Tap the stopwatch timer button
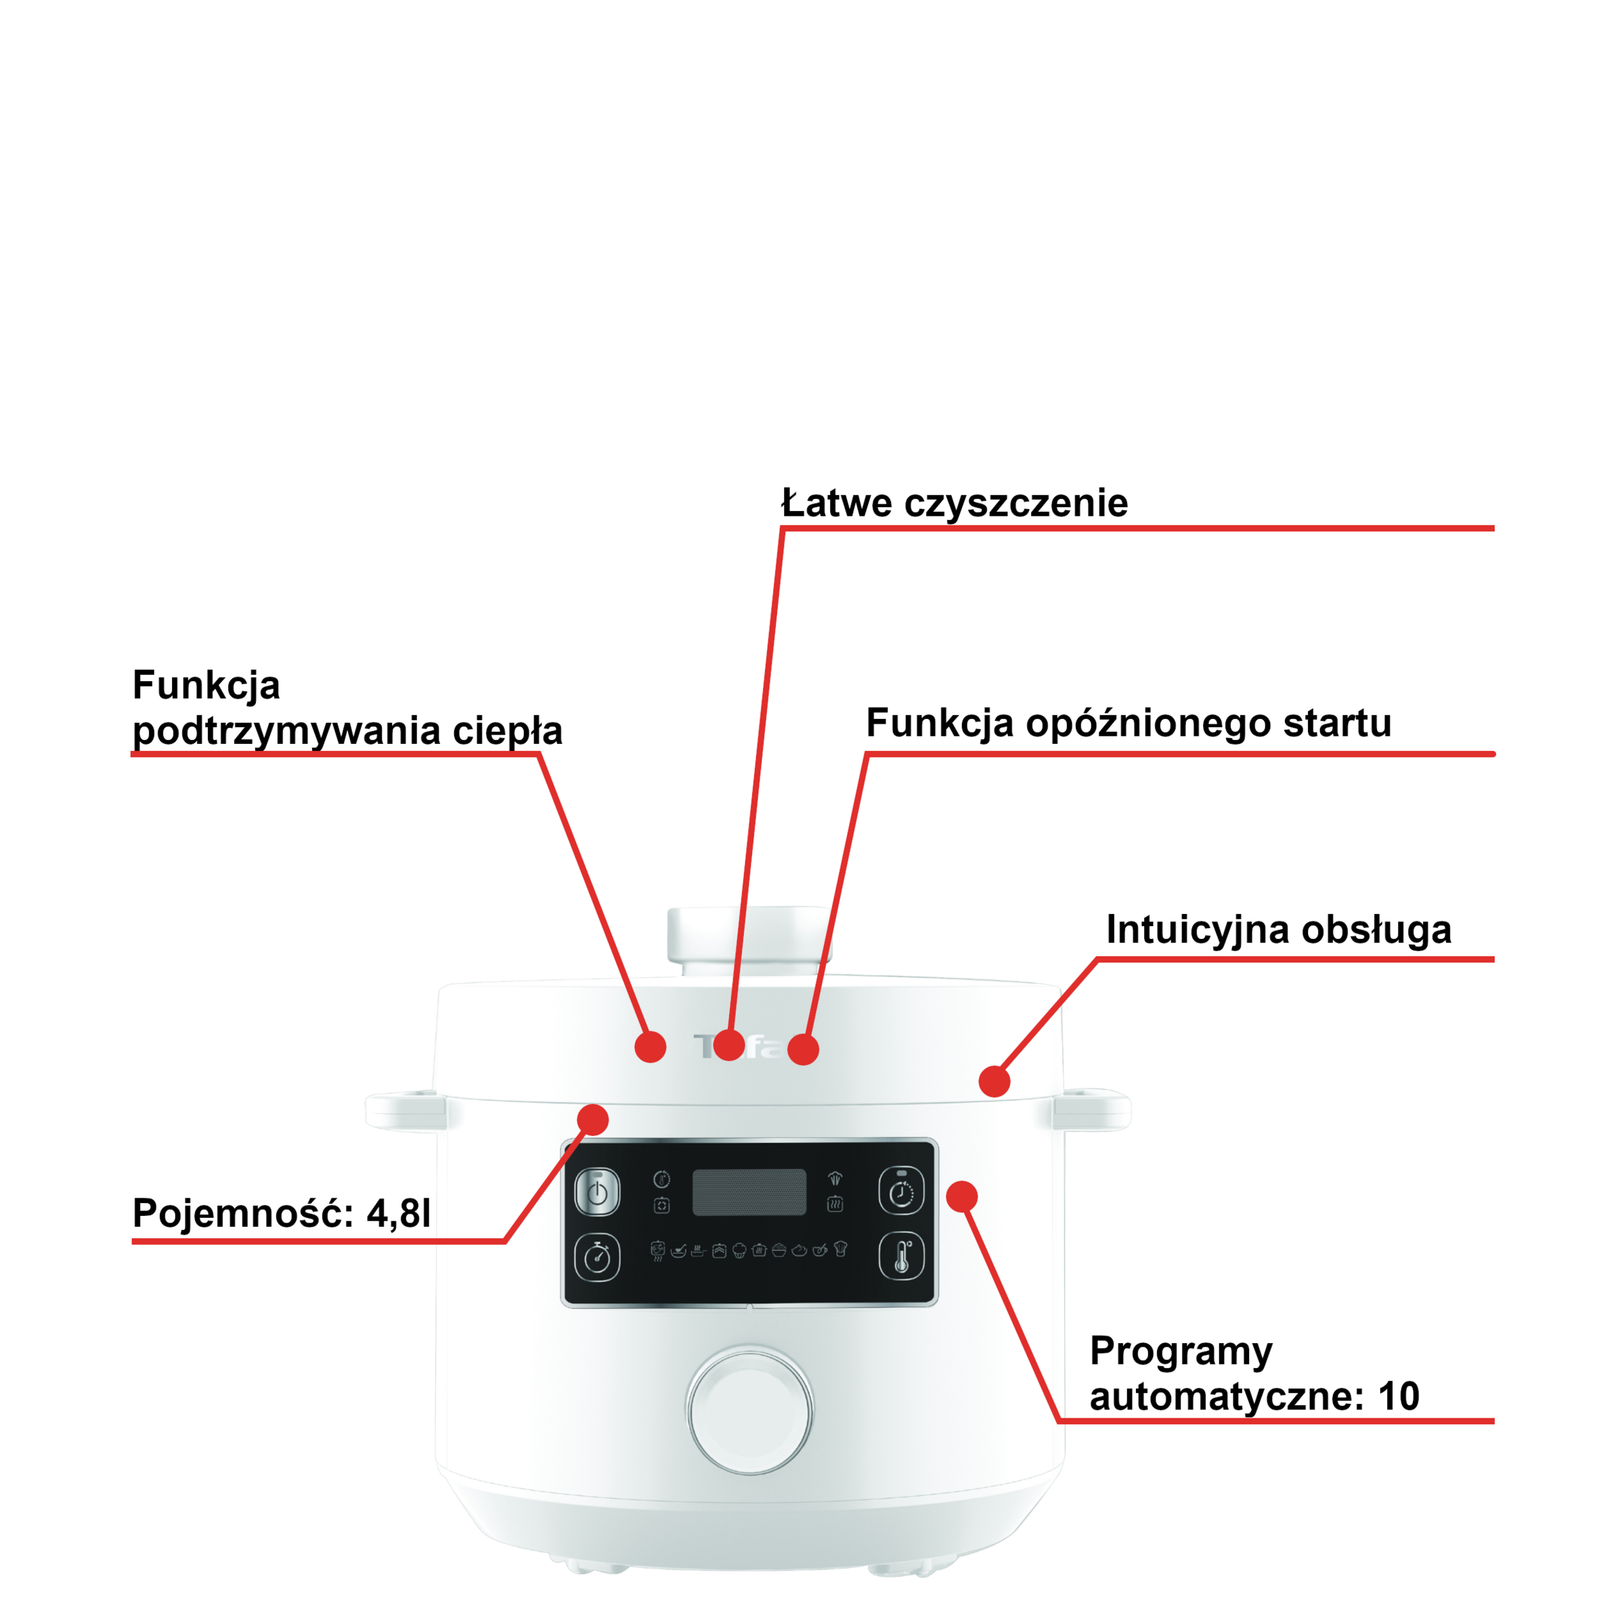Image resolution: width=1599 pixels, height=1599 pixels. tap(596, 1258)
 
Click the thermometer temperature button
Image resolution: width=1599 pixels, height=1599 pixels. tap(901, 1256)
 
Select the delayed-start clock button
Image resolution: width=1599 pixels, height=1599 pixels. tap(901, 1191)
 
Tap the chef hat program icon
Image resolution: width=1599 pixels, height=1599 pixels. tap(841, 1248)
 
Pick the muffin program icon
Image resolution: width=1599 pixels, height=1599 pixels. tap(739, 1250)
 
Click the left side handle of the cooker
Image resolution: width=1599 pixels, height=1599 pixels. tap(406, 1110)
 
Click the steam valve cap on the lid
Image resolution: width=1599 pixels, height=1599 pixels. tap(749, 940)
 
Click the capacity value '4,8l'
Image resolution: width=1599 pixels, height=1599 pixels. tap(399, 1213)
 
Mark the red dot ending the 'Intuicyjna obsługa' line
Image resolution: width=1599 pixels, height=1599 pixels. tap(994, 1081)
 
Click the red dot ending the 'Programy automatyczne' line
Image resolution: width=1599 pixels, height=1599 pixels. tap(962, 1197)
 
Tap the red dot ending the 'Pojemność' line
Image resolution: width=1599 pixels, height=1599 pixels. tap(592, 1120)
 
